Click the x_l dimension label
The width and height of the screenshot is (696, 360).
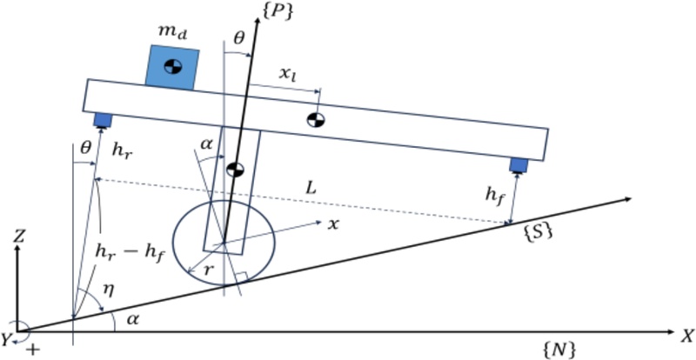[286, 76]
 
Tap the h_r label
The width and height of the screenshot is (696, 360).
[123, 149]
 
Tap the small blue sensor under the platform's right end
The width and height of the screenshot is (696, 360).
[519, 164]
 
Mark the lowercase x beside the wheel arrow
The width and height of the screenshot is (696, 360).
[331, 224]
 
